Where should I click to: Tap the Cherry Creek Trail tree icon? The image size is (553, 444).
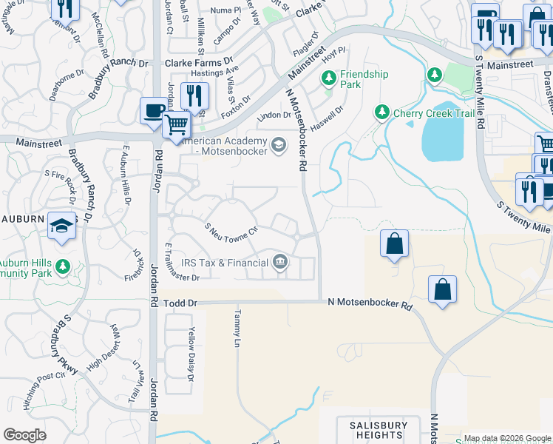pyautogui.click(x=381, y=112)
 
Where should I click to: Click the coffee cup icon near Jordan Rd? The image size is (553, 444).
pyautogui.click(x=154, y=110)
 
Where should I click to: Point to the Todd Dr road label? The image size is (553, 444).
pyautogui.click(x=181, y=303)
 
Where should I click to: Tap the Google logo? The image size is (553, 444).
pyautogui.click(x=25, y=435)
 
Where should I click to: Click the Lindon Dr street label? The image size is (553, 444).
pyautogui.click(x=274, y=115)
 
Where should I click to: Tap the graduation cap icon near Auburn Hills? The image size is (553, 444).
pyautogui.click(x=61, y=226)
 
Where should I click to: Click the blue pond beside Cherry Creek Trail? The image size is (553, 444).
pyautogui.click(x=446, y=133)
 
